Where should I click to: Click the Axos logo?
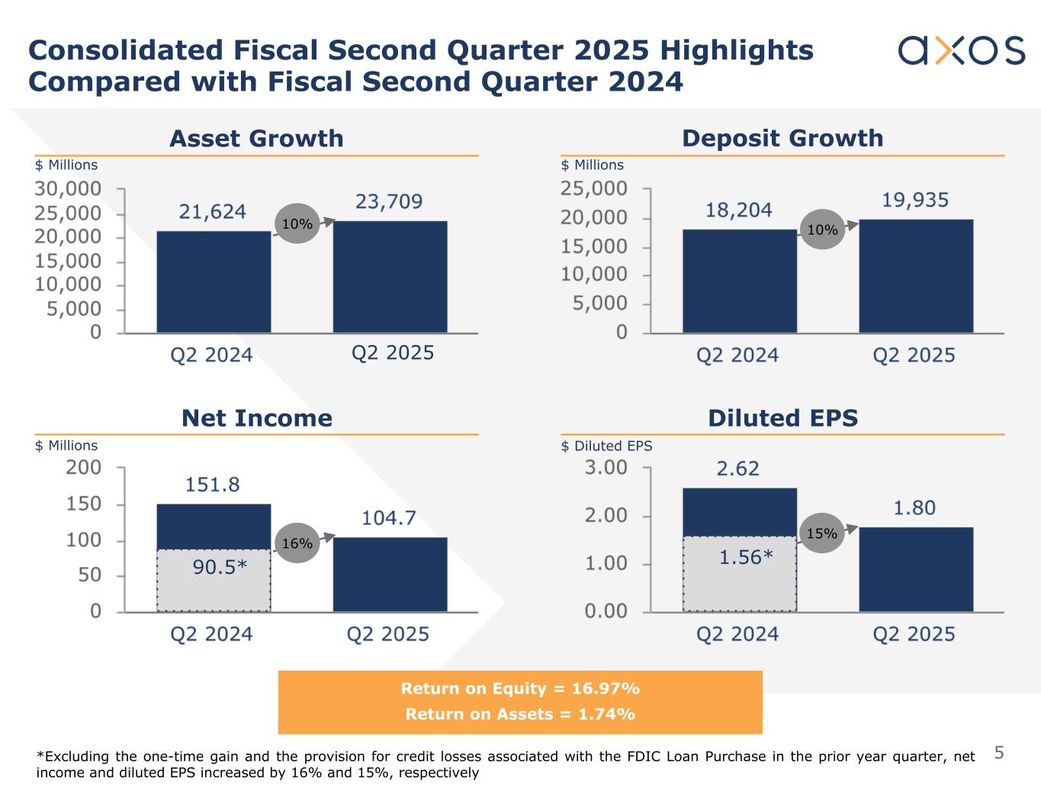tap(961, 50)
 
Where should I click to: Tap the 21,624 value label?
tap(212, 211)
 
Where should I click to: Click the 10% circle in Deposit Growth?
tap(822, 229)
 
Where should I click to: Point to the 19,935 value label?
tap(915, 200)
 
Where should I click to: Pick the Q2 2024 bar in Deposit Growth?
tap(739, 281)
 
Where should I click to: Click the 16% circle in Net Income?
tap(297, 543)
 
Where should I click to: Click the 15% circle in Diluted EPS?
tap(821, 533)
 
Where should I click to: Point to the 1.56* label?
tap(746, 558)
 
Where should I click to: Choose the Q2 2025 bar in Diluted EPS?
tap(915, 569)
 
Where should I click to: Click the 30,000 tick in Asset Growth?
tap(68, 188)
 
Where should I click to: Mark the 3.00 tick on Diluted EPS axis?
tap(606, 467)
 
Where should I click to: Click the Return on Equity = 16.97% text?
tap(520, 689)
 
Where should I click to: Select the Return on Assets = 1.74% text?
tap(520, 714)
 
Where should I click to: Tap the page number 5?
tap(999, 754)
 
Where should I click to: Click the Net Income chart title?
tap(256, 418)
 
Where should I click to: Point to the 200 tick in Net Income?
tap(84, 467)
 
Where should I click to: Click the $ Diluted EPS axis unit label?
tap(606, 446)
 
